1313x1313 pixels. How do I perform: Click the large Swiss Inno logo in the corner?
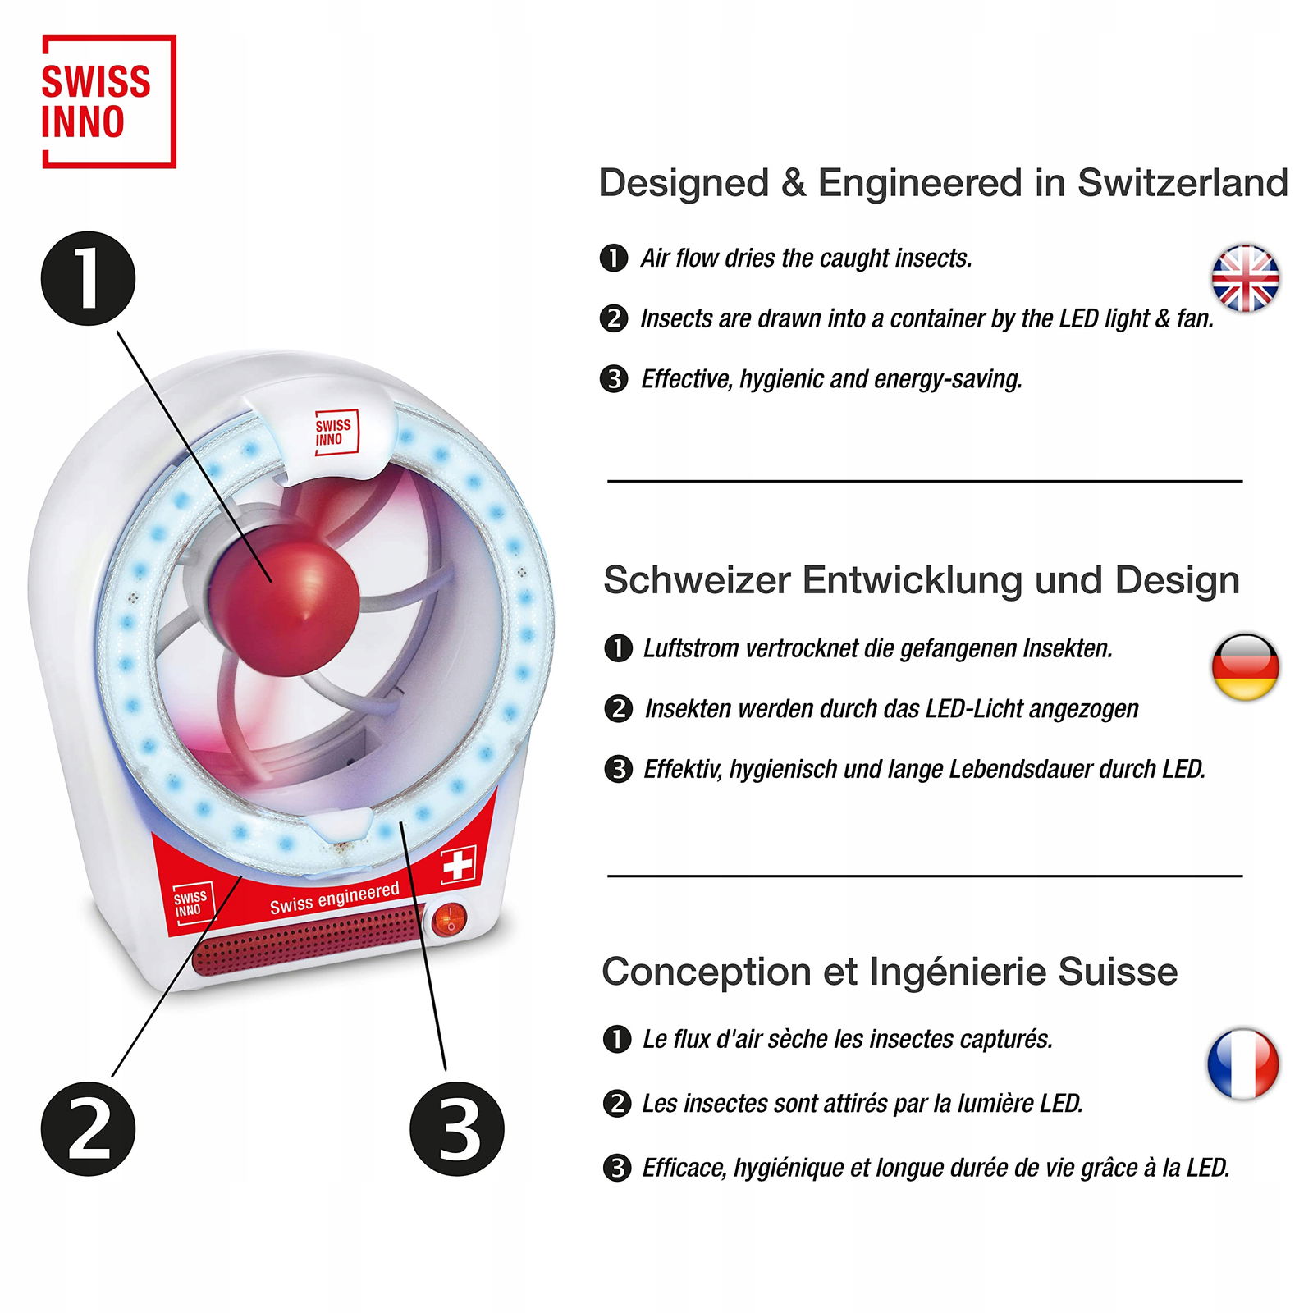click(109, 102)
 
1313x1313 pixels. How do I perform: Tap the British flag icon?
click(1245, 278)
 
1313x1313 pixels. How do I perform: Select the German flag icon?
click(1245, 666)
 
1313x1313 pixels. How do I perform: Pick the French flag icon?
click(1242, 1064)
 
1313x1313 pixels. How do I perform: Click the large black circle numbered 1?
click(88, 278)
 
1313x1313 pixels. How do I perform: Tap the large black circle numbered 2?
click(88, 1128)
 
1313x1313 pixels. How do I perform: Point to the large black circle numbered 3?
click(456, 1128)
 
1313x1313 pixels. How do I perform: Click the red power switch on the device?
click(449, 921)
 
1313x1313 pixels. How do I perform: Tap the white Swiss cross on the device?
click(458, 865)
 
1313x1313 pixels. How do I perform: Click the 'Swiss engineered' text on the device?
click(335, 898)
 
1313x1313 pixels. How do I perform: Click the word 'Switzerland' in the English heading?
click(1183, 182)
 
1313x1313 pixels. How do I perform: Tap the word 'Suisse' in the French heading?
click(1118, 972)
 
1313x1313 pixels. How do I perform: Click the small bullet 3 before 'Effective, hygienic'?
click(614, 379)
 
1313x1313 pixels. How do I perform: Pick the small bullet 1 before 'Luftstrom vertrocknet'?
click(618, 648)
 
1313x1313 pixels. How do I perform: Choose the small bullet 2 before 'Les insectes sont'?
click(616, 1103)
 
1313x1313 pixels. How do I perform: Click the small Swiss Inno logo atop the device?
click(336, 432)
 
